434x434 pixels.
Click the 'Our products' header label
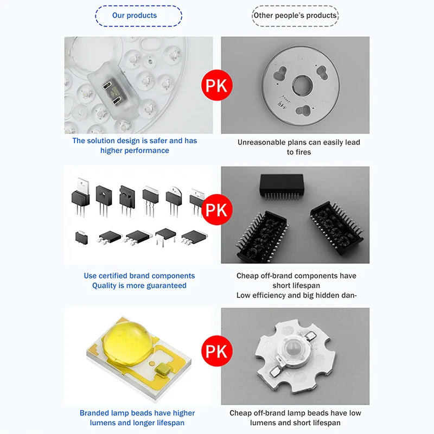coord(135,15)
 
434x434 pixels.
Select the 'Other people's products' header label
coord(295,15)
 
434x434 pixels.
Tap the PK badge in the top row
coord(217,86)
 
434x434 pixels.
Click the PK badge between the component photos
coord(217,209)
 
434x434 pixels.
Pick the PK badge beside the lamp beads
coord(217,350)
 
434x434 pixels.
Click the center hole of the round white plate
coord(300,85)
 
